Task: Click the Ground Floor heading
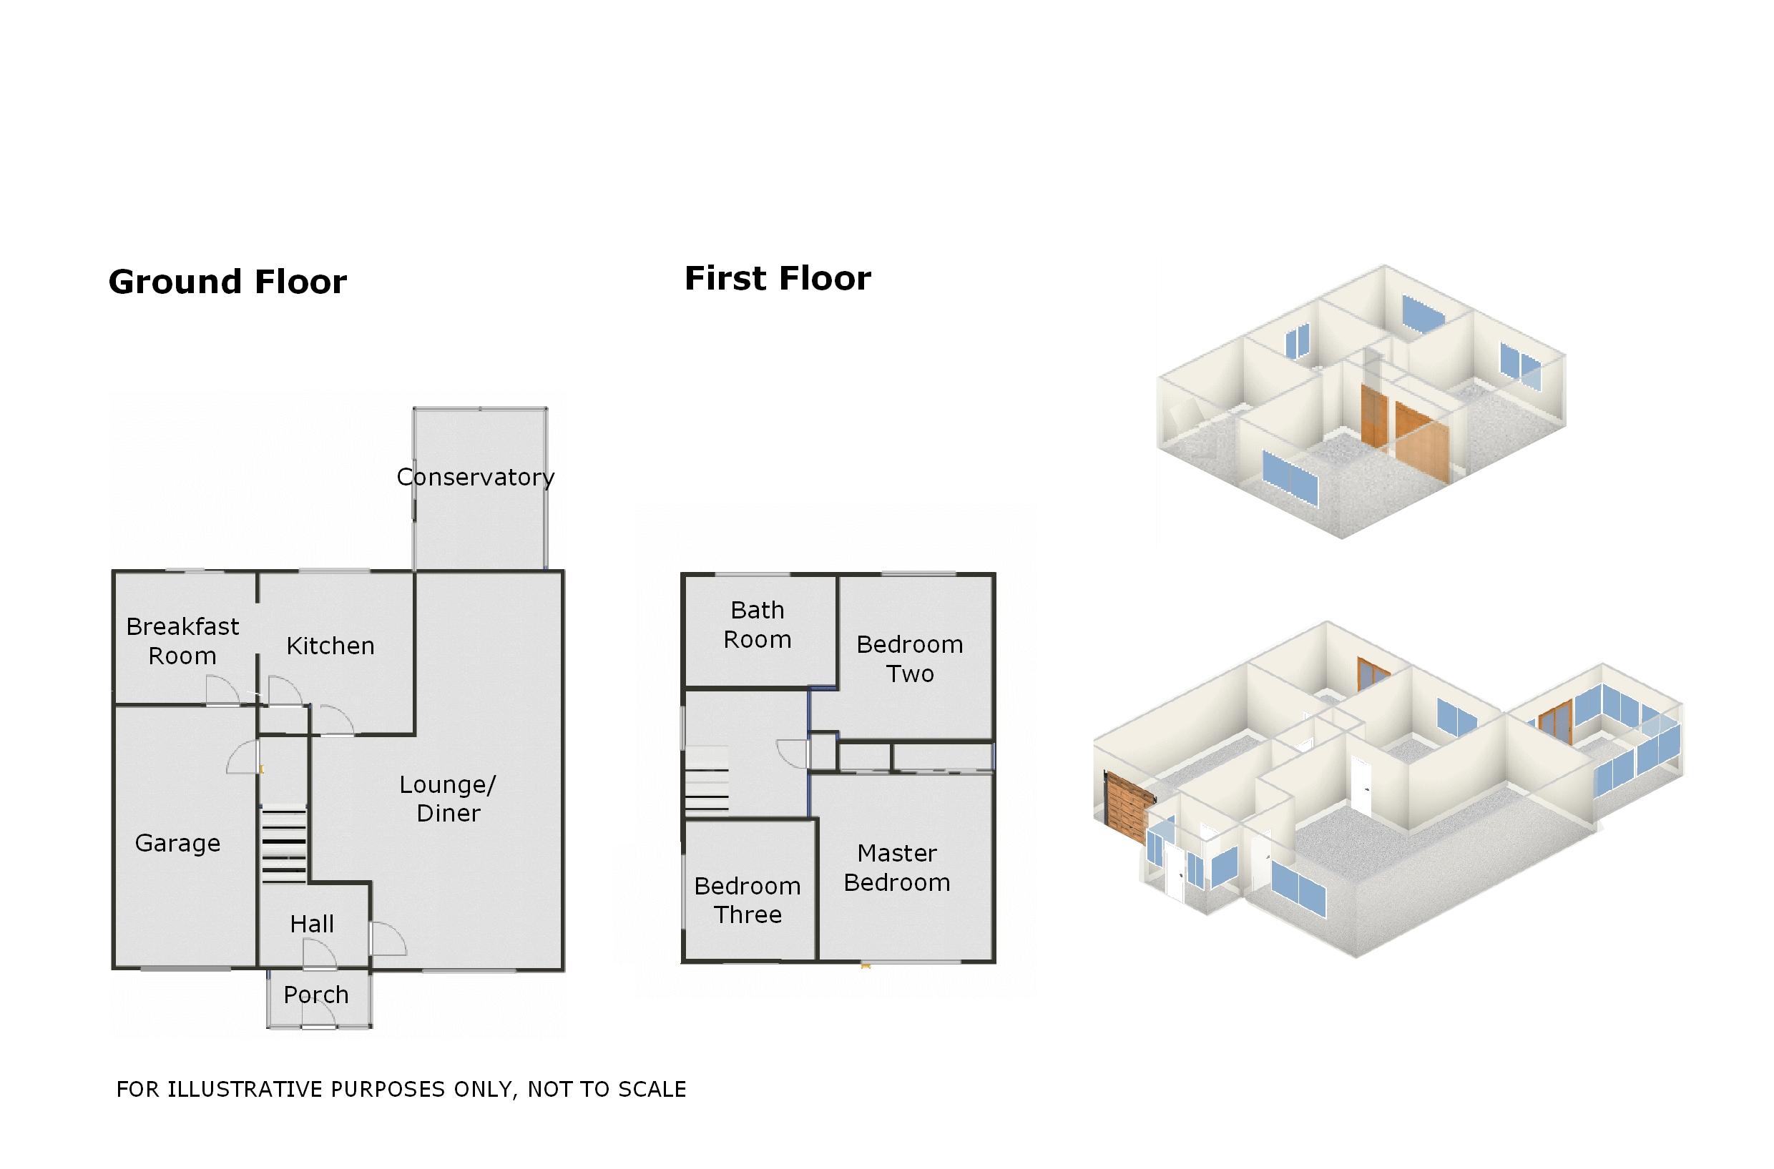pyautogui.click(x=227, y=282)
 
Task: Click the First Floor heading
pyautogui.click(x=778, y=279)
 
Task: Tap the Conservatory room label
pyautogui.click(x=475, y=477)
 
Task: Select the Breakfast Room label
pyautogui.click(x=182, y=641)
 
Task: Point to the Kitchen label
pyautogui.click(x=330, y=646)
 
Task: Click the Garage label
pyautogui.click(x=177, y=843)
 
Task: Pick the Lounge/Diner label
pyautogui.click(x=447, y=799)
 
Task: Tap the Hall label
pyautogui.click(x=312, y=924)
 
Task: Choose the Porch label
pyautogui.click(x=316, y=995)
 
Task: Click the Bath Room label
pyautogui.click(x=758, y=625)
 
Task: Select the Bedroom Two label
pyautogui.click(x=910, y=659)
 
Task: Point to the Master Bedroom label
pyautogui.click(x=897, y=868)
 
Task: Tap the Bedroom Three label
pyautogui.click(x=748, y=900)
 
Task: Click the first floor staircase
pyautogui.click(x=706, y=783)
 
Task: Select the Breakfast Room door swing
pyautogui.click(x=222, y=690)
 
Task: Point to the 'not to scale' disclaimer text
pyautogui.click(x=401, y=1089)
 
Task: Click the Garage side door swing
pyautogui.click(x=242, y=757)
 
